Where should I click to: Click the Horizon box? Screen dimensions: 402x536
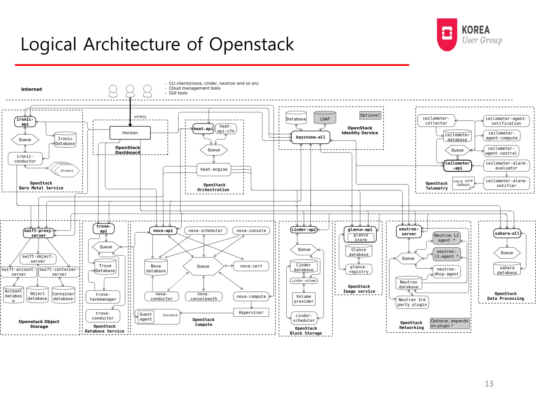(130, 133)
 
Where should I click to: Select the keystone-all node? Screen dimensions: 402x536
(311, 137)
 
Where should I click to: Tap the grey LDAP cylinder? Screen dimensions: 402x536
(325, 118)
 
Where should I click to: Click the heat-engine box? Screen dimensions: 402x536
(214, 169)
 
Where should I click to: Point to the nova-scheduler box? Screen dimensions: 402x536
(205, 231)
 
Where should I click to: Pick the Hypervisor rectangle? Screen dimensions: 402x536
(251, 312)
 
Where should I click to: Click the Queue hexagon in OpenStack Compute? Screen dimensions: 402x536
(203, 266)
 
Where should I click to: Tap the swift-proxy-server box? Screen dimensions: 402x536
(38, 233)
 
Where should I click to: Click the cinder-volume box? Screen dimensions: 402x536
(304, 281)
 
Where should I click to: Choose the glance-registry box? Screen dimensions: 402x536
(359, 269)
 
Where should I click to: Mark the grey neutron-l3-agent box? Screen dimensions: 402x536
(446, 254)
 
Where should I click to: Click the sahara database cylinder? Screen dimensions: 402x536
(507, 269)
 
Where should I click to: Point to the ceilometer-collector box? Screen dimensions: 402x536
(436, 121)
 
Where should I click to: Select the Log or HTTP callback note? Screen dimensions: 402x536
(463, 183)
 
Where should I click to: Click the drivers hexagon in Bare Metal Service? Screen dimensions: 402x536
(67, 171)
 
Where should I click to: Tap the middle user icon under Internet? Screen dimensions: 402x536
(130, 91)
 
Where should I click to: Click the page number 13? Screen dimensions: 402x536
(489, 383)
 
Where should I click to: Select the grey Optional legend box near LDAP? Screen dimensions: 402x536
(370, 115)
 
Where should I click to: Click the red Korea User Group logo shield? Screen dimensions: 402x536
(447, 34)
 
